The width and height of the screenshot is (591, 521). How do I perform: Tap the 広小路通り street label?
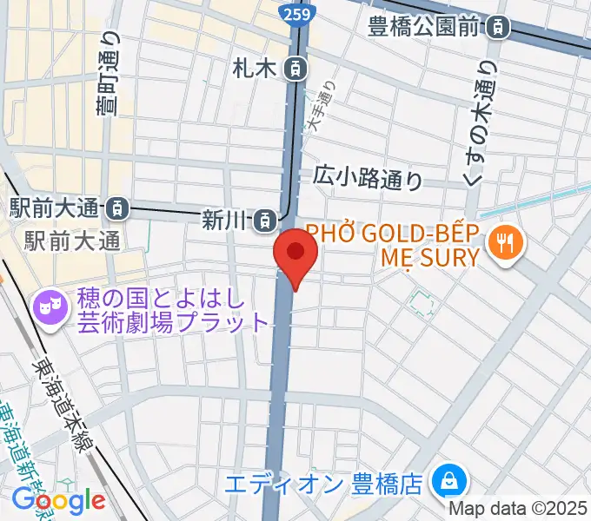[369, 179]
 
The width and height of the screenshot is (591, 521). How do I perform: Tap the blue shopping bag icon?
[450, 479]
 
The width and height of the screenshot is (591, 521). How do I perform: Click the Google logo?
[58, 501]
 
